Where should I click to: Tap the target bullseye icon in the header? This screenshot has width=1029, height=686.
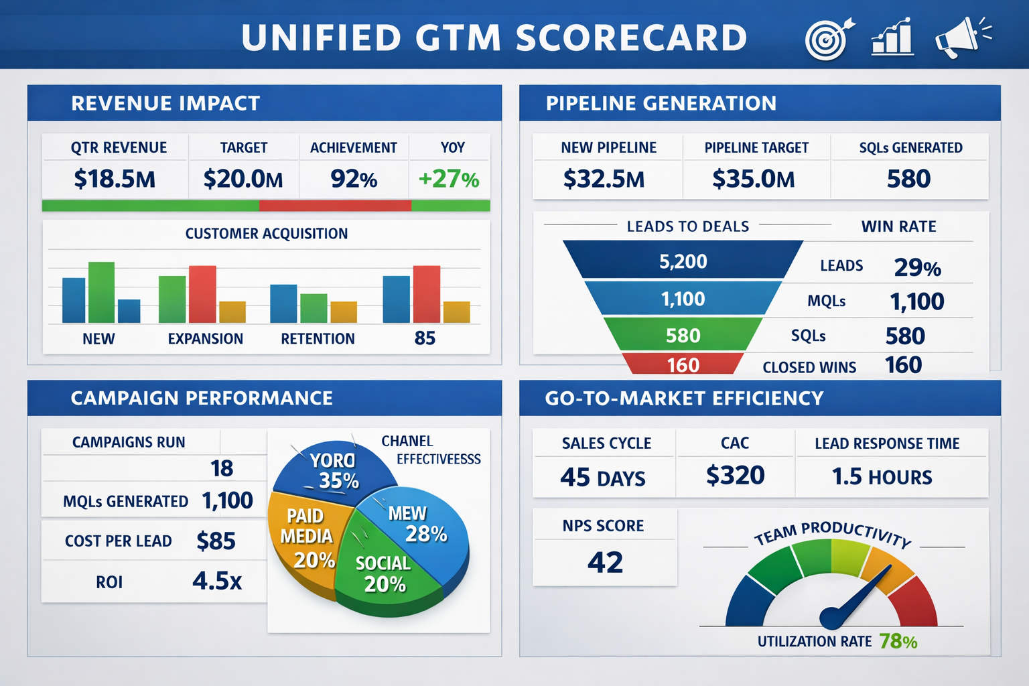coord(828,39)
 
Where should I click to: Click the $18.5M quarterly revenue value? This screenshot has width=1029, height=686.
coord(115,180)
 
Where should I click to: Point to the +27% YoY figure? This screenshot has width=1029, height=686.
coord(449,180)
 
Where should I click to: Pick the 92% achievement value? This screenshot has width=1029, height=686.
coord(354,180)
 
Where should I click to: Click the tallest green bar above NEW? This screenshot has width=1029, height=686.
coord(101,292)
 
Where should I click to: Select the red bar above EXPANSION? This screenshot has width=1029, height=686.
coord(202,294)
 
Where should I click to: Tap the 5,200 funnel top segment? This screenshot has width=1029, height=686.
coord(683,261)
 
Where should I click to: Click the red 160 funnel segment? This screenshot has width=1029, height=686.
coord(683,364)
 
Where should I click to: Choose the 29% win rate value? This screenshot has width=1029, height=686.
coord(917,268)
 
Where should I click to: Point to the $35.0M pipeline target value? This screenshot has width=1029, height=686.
coord(754,180)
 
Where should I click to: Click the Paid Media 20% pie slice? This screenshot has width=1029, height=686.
coord(305,536)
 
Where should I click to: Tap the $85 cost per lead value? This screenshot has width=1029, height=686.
coord(216,541)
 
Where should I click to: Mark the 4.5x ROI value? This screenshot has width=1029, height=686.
coord(217,581)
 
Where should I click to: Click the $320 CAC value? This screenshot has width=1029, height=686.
coord(735,476)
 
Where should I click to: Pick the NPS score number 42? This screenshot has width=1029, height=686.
coord(605,563)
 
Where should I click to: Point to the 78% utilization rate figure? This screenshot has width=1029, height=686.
coord(898,642)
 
